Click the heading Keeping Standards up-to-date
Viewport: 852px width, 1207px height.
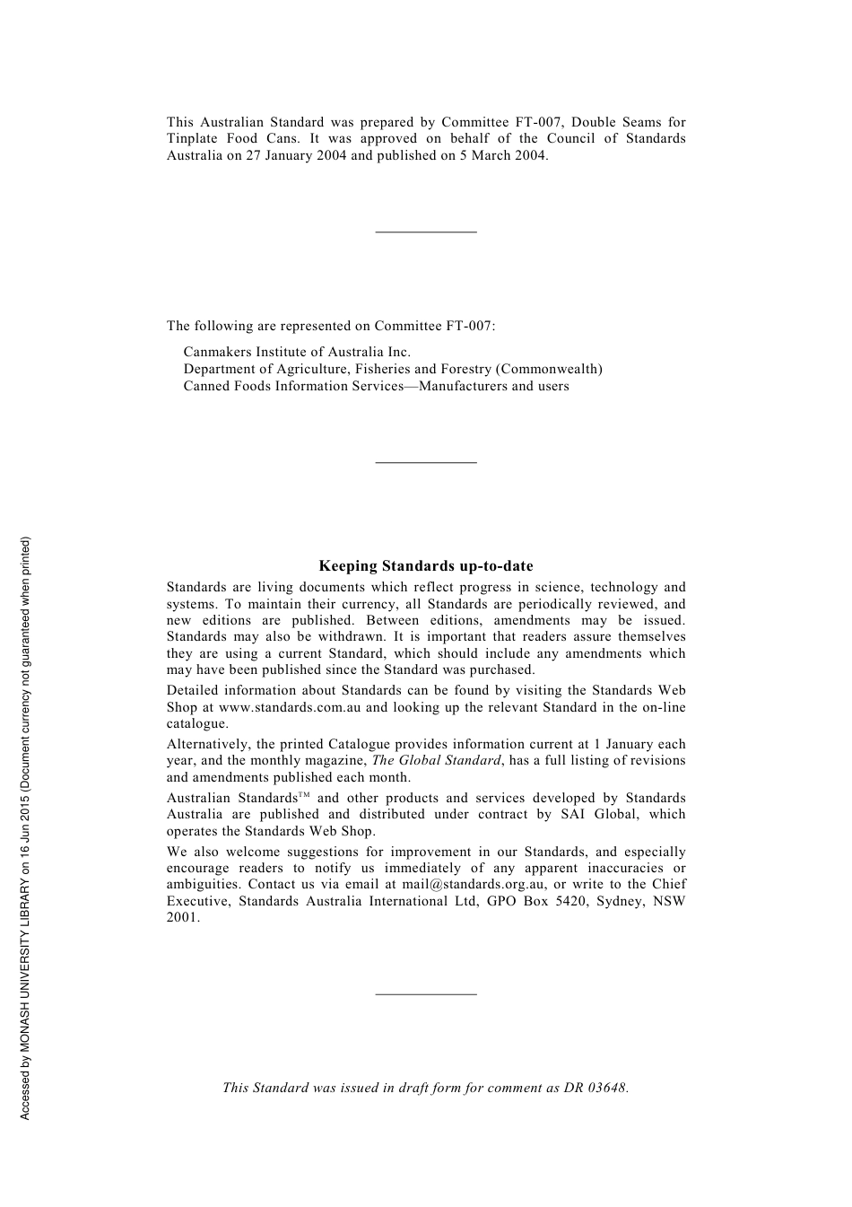tap(426, 566)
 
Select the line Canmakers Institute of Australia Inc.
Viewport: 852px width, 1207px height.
tap(297, 352)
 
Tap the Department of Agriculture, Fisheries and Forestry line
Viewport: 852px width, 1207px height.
tap(393, 369)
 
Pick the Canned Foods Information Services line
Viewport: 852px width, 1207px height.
tap(376, 386)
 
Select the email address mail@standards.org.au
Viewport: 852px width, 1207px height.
tap(474, 885)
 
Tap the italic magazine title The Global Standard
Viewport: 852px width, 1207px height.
tap(436, 761)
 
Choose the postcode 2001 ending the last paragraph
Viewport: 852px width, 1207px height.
tap(182, 918)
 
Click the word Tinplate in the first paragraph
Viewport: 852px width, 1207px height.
tap(191, 139)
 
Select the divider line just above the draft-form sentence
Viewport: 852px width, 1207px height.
tap(426, 994)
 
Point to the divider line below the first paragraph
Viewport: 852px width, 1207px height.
tap(426, 232)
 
